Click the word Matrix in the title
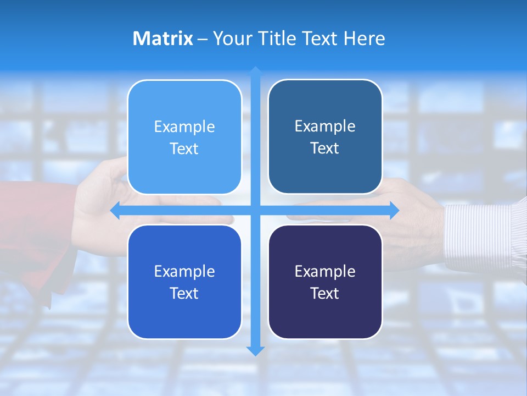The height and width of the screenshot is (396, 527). point(163,38)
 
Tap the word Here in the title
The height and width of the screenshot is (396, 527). point(365,38)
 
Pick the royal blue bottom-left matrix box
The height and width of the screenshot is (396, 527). point(184,313)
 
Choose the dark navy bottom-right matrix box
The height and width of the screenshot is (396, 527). point(325,313)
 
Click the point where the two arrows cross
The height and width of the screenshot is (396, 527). point(255,210)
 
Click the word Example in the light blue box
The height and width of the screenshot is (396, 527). point(184,127)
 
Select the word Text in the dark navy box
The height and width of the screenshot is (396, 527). point(325,293)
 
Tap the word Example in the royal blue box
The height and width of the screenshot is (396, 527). point(184,271)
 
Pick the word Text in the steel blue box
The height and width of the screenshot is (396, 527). point(325,148)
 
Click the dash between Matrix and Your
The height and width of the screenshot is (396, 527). point(203,39)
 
